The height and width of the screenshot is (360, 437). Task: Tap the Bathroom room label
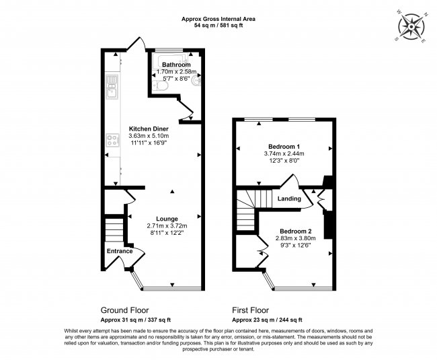pos(175,65)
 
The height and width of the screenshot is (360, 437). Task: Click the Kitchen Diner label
pos(148,128)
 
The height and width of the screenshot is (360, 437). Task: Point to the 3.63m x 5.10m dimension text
pos(148,135)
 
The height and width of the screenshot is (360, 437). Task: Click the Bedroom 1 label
pos(284,146)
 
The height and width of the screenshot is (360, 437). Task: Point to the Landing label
pos(289,199)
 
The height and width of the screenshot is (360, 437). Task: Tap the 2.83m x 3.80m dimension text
pos(295,238)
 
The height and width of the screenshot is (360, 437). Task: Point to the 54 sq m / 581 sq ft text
pos(218,25)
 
